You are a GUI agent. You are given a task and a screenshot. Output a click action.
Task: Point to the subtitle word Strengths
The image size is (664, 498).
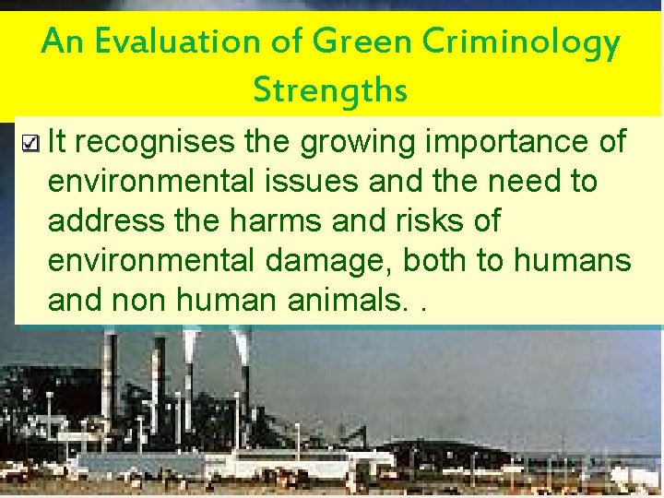pyautogui.click(x=330, y=90)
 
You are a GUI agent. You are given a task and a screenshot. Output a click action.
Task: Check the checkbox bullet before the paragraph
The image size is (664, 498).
pyautogui.click(x=30, y=143)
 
